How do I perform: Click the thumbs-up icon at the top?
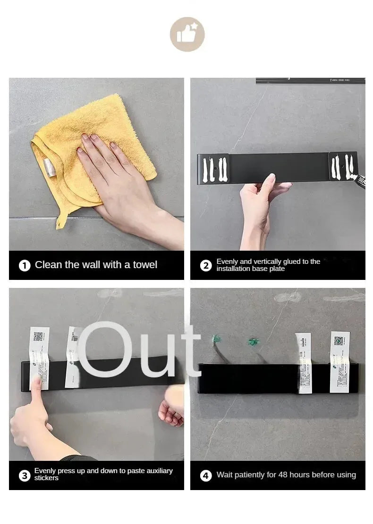[x=187, y=34]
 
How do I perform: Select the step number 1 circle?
[x=25, y=265]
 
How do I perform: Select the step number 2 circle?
[x=206, y=265]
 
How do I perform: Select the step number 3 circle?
[x=25, y=475]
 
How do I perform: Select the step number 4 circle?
[x=206, y=475]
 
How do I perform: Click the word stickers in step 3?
[x=46, y=478]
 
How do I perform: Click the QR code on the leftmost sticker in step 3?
[x=39, y=336]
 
